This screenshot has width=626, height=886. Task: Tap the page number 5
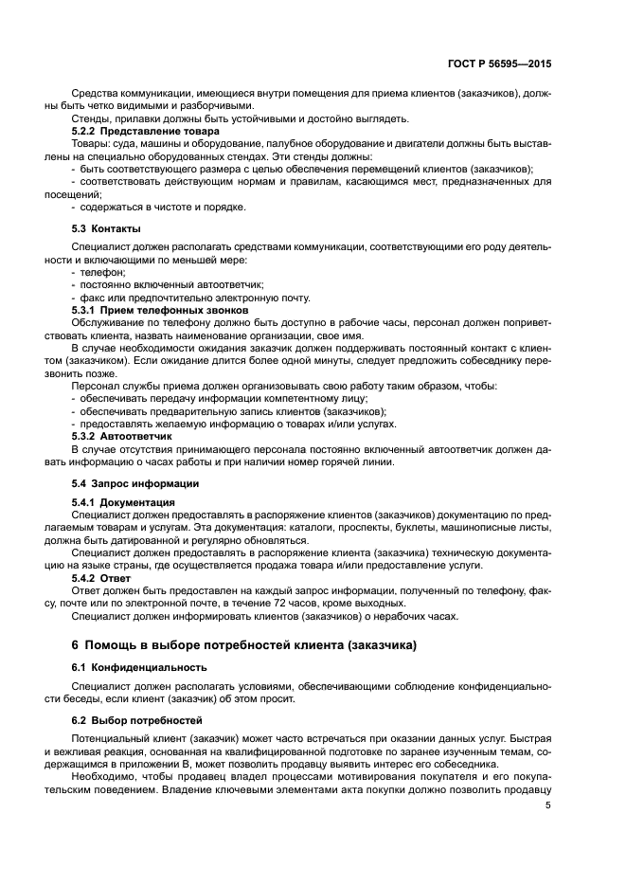pyautogui.click(x=548, y=805)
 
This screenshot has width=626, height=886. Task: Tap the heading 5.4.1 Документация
pyautogui.click(x=123, y=501)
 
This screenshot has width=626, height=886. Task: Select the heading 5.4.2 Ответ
pyautogui.click(x=101, y=576)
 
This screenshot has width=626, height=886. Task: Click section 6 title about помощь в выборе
pyautogui.click(x=244, y=645)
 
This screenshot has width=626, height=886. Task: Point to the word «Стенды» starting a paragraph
pyautogui.click(x=91, y=118)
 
